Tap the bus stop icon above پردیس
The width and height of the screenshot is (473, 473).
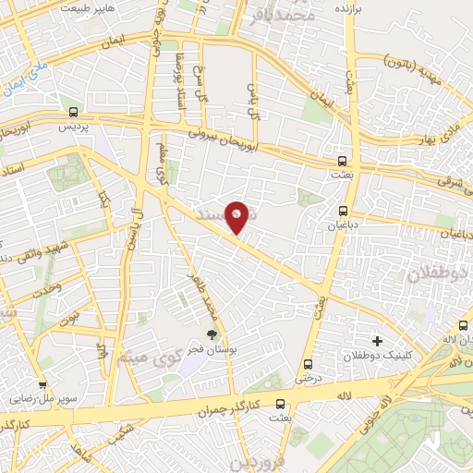tap(72, 113)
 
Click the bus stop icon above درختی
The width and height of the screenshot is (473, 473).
tap(307, 364)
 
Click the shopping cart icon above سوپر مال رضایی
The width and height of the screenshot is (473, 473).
tap(42, 386)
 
